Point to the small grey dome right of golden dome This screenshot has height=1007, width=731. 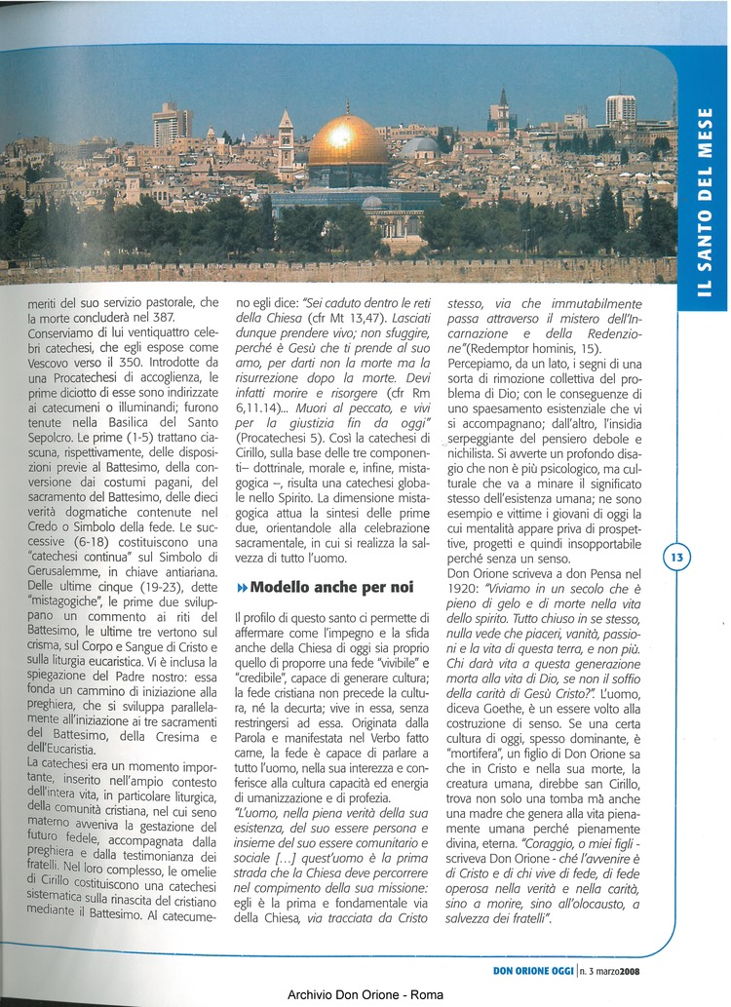click(x=420, y=147)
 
